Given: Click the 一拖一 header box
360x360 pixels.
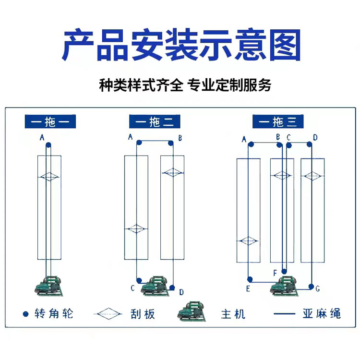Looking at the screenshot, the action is coord(50,121).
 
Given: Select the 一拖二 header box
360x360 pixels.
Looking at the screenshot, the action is coord(155,121).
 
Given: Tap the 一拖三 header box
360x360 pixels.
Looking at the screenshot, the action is coord(278,121).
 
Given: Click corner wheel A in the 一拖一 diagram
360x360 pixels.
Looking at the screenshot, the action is coord(48,145).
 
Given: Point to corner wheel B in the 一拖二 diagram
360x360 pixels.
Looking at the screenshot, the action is coord(170,144).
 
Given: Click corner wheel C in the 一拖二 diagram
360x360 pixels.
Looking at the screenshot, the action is coord(139,280).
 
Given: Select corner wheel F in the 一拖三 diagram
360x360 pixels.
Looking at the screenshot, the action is coord(284,271).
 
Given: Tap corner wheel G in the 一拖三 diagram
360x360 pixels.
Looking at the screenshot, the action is coord(311,287).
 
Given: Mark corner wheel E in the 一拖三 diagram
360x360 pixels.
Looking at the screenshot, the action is coord(250,279).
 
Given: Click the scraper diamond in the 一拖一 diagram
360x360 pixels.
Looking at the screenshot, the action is coord(49,177).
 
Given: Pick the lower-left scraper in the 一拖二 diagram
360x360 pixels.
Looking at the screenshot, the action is coord(136,228).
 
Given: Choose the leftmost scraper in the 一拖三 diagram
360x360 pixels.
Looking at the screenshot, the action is coord(248,241).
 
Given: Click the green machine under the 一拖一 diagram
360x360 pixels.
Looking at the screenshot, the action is coord(49,286).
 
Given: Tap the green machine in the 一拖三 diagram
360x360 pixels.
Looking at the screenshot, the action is coord(285,286).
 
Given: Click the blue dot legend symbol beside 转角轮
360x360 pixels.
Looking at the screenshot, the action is coord(26,314).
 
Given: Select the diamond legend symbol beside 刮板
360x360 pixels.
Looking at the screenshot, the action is coord(108,314).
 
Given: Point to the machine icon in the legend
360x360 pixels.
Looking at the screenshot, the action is coord(192,312).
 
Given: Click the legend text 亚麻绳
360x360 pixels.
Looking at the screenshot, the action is coord(322,313).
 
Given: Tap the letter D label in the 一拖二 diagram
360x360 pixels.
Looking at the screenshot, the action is coord(181,292).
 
